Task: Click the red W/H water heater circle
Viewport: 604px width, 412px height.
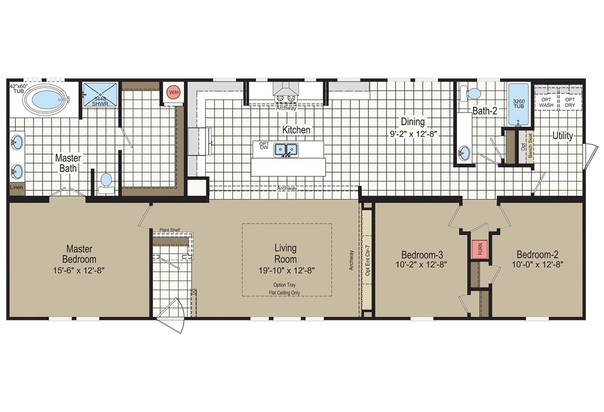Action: tap(174, 92)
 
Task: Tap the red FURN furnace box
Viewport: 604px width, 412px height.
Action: tap(480, 249)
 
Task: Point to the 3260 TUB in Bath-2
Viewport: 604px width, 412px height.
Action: tap(518, 104)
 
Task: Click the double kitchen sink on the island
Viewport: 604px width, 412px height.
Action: tap(286, 150)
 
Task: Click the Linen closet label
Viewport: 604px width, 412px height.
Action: tap(16, 187)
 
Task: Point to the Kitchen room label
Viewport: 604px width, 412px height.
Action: tap(296, 130)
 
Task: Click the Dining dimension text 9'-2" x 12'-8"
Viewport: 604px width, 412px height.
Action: tap(413, 134)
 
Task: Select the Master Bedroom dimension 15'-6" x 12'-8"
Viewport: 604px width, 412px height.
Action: tap(79, 270)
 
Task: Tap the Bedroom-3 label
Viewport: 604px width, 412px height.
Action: tap(422, 255)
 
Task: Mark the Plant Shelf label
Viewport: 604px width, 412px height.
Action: tap(170, 230)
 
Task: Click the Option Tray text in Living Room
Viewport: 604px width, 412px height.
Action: tap(284, 285)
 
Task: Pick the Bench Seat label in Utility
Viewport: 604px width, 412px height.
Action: tap(530, 146)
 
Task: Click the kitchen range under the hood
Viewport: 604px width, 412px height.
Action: tap(285, 98)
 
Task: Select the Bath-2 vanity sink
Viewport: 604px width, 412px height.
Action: tap(464, 153)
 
